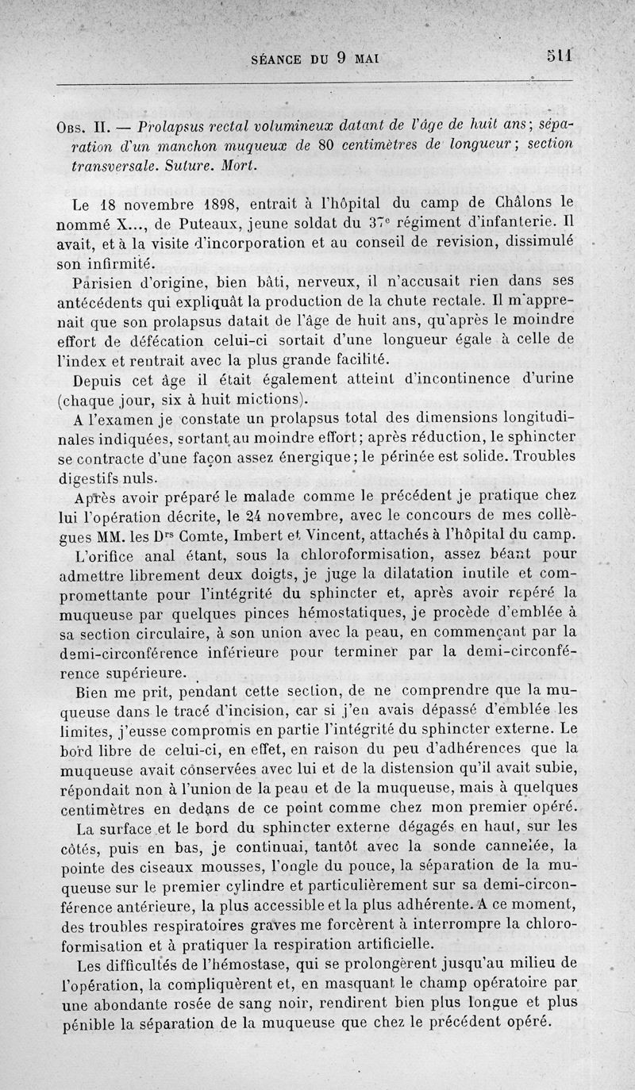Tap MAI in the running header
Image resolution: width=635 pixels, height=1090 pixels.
(368, 58)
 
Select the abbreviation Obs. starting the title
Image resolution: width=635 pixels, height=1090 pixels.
(78, 128)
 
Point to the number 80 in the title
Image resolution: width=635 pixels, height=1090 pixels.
(325, 148)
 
